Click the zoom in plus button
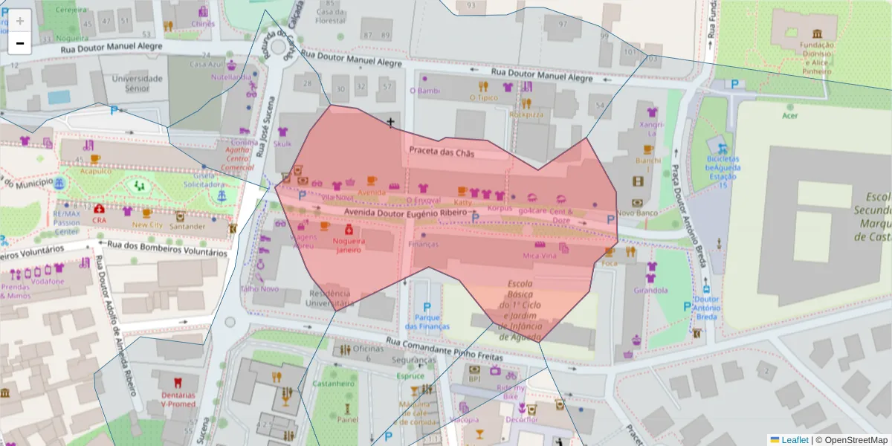pyautogui.click(x=19, y=20)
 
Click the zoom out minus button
pyautogui.click(x=19, y=43)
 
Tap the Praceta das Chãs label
pyautogui.click(x=442, y=151)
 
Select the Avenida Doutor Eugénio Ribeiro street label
pyautogui.click(x=405, y=212)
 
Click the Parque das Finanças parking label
pyautogui.click(x=427, y=322)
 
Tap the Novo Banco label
pyautogui.click(x=637, y=213)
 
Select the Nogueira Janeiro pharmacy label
pyautogui.click(x=348, y=245)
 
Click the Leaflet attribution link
pyautogui.click(x=795, y=439)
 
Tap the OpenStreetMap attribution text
pyautogui.click(x=851, y=439)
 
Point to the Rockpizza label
pyautogui.click(x=526, y=114)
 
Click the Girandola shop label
pyautogui.click(x=651, y=290)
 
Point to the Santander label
pyautogui.click(x=187, y=226)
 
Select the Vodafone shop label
pyautogui.click(x=48, y=281)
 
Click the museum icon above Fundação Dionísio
pyautogui.click(x=817, y=34)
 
